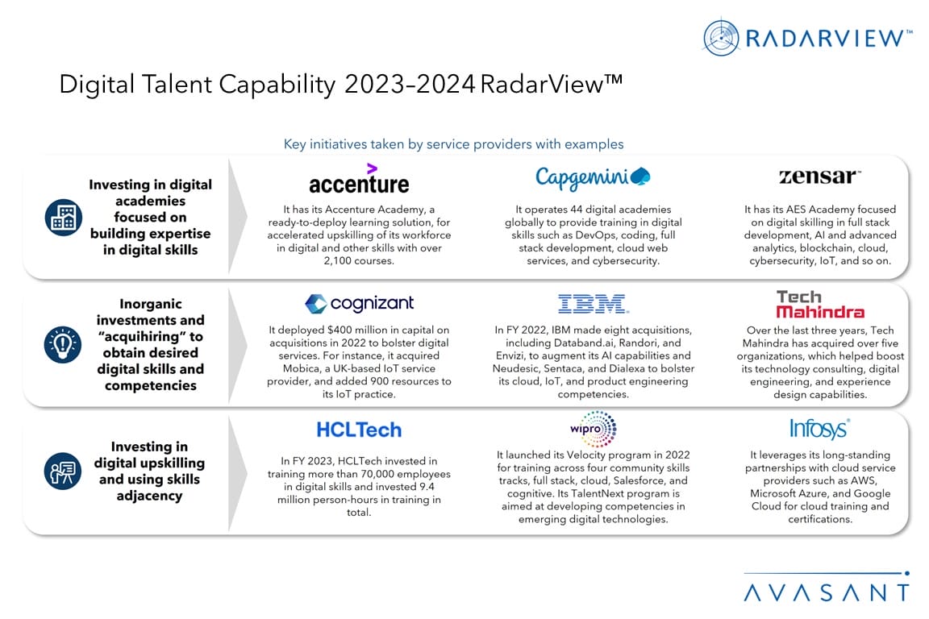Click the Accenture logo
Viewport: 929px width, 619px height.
click(359, 179)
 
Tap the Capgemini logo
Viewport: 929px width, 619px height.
click(593, 177)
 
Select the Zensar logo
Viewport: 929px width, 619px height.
click(820, 177)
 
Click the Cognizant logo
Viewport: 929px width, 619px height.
click(359, 304)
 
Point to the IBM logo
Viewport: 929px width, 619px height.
click(593, 304)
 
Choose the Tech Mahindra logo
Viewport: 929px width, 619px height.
click(820, 305)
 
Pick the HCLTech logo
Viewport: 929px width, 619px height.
click(359, 430)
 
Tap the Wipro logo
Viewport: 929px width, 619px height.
click(593, 429)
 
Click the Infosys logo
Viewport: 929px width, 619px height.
click(820, 428)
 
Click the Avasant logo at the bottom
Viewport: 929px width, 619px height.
click(827, 587)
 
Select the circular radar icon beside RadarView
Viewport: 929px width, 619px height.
click(721, 38)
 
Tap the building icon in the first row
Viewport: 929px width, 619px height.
click(64, 218)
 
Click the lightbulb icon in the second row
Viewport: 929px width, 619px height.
click(63, 344)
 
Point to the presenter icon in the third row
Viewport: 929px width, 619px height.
click(63, 471)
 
